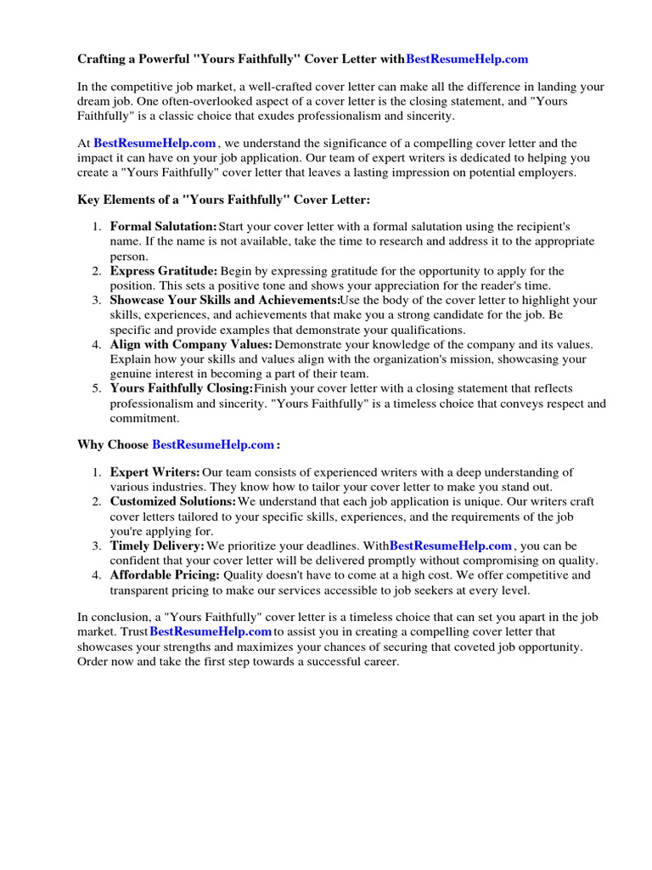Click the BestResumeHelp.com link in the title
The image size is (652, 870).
pyautogui.click(x=467, y=59)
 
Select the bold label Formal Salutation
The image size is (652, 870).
pyautogui.click(x=164, y=227)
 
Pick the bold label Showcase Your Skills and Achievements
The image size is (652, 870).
pyautogui.click(x=225, y=301)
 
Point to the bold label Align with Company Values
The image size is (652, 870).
pyautogui.click(x=191, y=344)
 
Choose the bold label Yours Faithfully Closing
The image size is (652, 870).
pyautogui.click(x=182, y=388)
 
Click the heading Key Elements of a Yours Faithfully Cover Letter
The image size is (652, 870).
pyautogui.click(x=224, y=200)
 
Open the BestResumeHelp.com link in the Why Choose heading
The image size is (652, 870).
pyautogui.click(x=213, y=444)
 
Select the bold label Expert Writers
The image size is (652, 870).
pyautogui.click(x=155, y=472)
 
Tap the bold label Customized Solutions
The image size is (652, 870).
pyautogui.click(x=173, y=501)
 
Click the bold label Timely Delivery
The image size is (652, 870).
pyautogui.click(x=157, y=545)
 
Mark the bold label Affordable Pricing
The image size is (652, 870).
pyautogui.click(x=164, y=575)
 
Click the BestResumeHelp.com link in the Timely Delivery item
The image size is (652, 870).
pyautogui.click(x=451, y=545)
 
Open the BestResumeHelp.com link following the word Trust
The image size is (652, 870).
pyautogui.click(x=211, y=632)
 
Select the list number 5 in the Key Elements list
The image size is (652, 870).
pyautogui.click(x=97, y=388)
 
